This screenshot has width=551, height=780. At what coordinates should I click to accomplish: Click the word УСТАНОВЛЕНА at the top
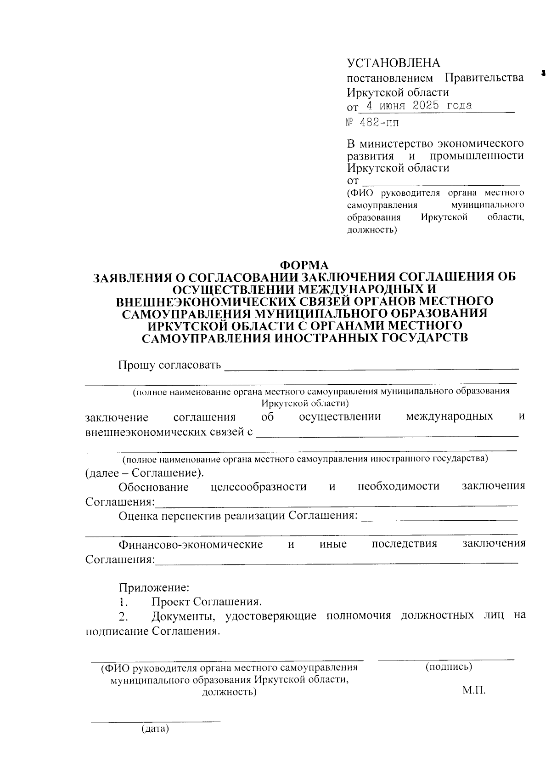click(393, 63)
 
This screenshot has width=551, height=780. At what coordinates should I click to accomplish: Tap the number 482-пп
click(379, 123)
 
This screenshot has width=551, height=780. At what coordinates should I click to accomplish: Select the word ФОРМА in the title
click(304, 266)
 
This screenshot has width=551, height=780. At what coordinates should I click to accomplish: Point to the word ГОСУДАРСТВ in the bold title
click(425, 338)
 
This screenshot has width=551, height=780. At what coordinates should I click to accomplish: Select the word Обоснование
click(153, 487)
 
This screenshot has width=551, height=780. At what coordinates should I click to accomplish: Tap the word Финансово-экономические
click(191, 545)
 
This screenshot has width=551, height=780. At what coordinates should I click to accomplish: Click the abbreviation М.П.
click(474, 691)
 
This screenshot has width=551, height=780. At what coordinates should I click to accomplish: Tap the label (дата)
click(155, 729)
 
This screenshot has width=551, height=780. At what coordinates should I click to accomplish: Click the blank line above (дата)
click(155, 721)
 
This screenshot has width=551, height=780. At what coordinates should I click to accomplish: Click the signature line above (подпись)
click(445, 660)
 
